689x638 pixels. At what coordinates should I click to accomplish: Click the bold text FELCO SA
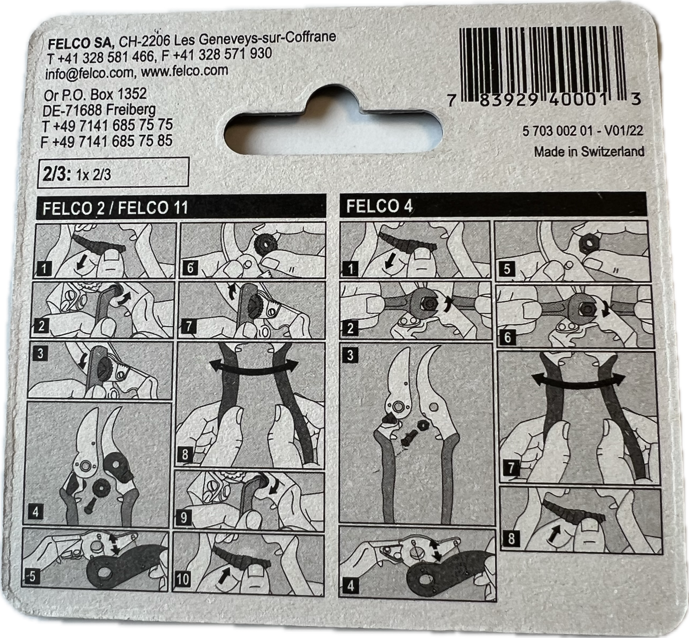point(80,44)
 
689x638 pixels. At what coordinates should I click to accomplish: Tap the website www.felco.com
point(185,71)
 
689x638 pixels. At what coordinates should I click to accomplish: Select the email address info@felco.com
point(89,73)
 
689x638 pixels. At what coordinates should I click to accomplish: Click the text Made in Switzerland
point(589,152)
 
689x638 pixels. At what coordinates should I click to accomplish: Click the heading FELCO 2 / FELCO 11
point(115,208)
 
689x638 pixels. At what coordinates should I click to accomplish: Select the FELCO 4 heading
point(379,206)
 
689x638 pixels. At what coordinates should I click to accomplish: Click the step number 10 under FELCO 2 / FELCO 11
point(183,579)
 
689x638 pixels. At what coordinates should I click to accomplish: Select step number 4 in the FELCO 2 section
point(36,512)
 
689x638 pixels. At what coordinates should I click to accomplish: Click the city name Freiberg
point(131,110)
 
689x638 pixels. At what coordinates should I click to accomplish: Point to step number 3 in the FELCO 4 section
point(350,355)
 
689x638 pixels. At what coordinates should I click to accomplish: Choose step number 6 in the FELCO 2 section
point(190,268)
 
